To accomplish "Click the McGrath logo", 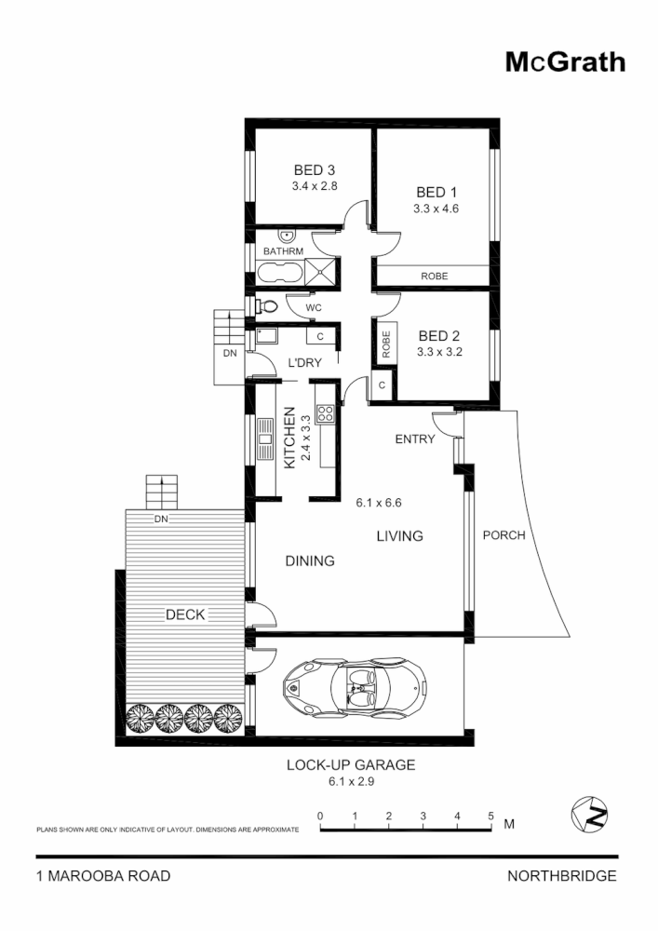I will coord(565,61).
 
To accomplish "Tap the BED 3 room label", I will coord(314,170).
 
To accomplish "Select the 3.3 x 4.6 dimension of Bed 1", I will coord(436,209).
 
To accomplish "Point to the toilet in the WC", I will coord(266,305).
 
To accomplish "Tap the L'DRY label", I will coord(304,363).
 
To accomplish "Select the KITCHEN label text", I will coord(289,438).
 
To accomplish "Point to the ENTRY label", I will coord(414,439).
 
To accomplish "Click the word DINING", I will coord(309,561).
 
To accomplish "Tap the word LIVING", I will coord(399,536).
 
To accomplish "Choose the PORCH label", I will coord(504,535).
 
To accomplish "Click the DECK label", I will coord(185,614).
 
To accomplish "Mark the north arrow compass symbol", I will coord(588,815).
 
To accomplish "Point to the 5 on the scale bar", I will coord(490,816).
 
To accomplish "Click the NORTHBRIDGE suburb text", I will coord(561,876).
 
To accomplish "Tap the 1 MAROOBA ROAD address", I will coord(102,876).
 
